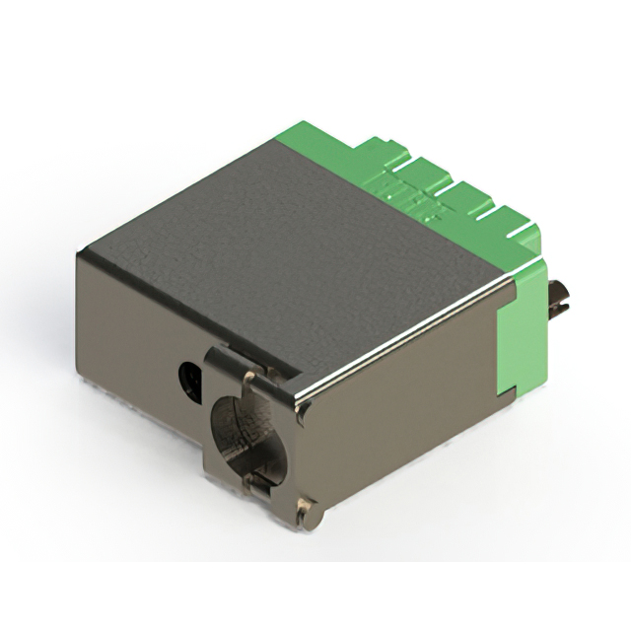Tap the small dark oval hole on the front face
(x=188, y=377)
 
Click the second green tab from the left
(x=424, y=177)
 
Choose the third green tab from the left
(x=467, y=202)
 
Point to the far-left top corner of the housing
(x=82, y=254)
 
